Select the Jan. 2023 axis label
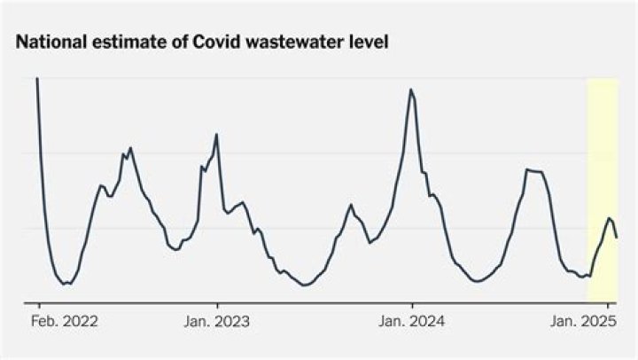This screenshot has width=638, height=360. pyautogui.click(x=216, y=321)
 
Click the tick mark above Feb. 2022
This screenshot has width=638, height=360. pyautogui.click(x=38, y=305)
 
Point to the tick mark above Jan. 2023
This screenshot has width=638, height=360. pyautogui.click(x=217, y=305)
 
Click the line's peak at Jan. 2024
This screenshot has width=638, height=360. pyautogui.click(x=411, y=90)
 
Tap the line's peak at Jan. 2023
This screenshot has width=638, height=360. pyautogui.click(x=217, y=134)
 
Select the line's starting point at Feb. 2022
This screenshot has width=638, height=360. pyautogui.click(x=36, y=79)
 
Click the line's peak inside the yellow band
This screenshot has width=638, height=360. pyautogui.click(x=609, y=217)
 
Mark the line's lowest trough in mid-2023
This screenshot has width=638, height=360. pyautogui.click(x=305, y=285)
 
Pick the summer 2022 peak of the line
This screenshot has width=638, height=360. pyautogui.click(x=130, y=148)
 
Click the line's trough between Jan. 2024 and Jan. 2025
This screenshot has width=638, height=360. pyautogui.click(x=478, y=281)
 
